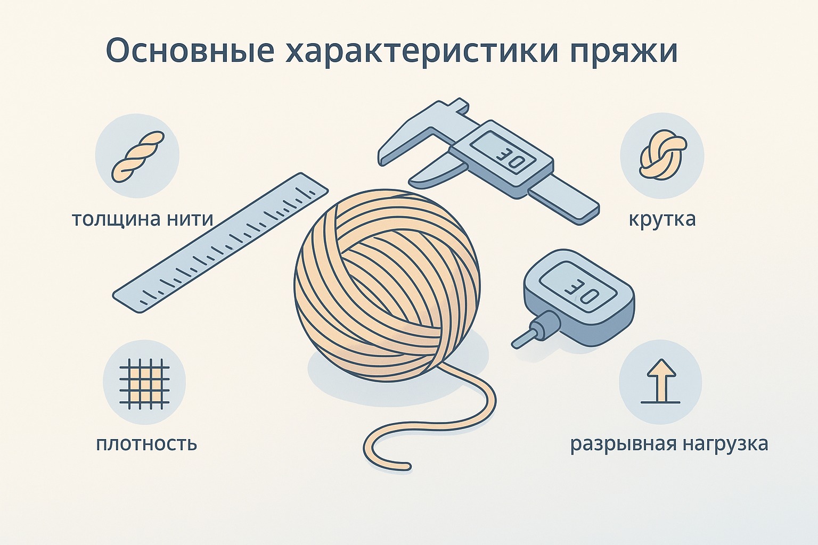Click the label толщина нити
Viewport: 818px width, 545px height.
tap(143, 220)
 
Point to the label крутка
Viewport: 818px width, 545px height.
tap(662, 219)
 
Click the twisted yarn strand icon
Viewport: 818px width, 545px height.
tap(138, 158)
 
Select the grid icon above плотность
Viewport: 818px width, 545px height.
tap(144, 383)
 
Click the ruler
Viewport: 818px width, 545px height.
tap(220, 242)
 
